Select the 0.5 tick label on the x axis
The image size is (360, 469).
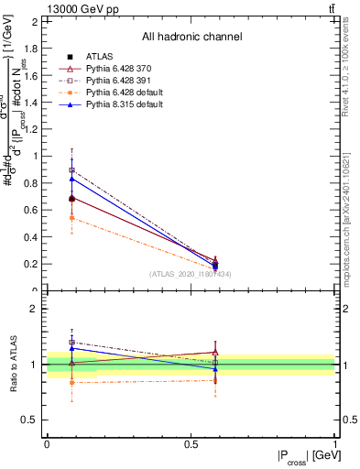click(191, 444)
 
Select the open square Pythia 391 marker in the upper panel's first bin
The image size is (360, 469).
click(72, 170)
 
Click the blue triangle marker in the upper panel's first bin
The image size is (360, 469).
click(72, 179)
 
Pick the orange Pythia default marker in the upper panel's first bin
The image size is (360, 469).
click(72, 217)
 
